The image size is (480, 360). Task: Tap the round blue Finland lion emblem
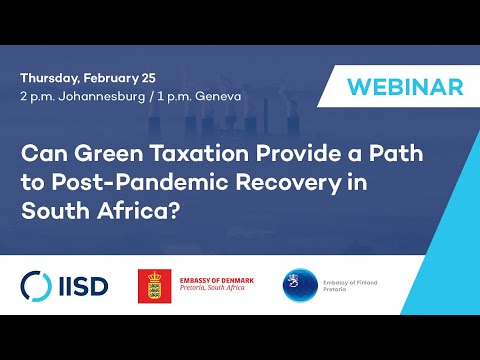[300, 284]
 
